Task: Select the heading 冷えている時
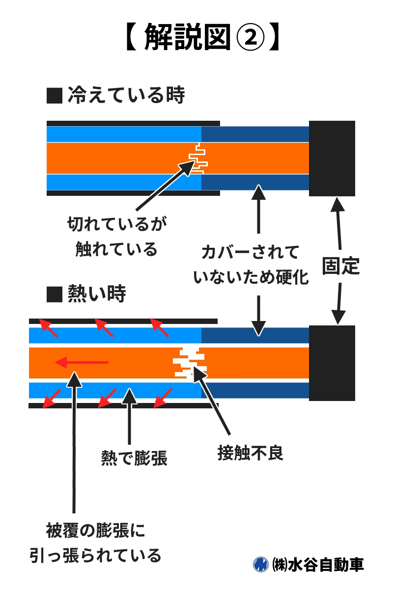(126, 96)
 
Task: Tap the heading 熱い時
(96, 294)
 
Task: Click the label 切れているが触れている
(117, 237)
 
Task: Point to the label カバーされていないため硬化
(251, 266)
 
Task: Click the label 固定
(341, 266)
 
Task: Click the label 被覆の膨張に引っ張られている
(95, 543)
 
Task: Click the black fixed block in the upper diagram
(332, 158)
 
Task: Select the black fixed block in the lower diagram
(332, 363)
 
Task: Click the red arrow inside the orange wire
(82, 363)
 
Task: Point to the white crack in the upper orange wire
(198, 158)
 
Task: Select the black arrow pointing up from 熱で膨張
(129, 417)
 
